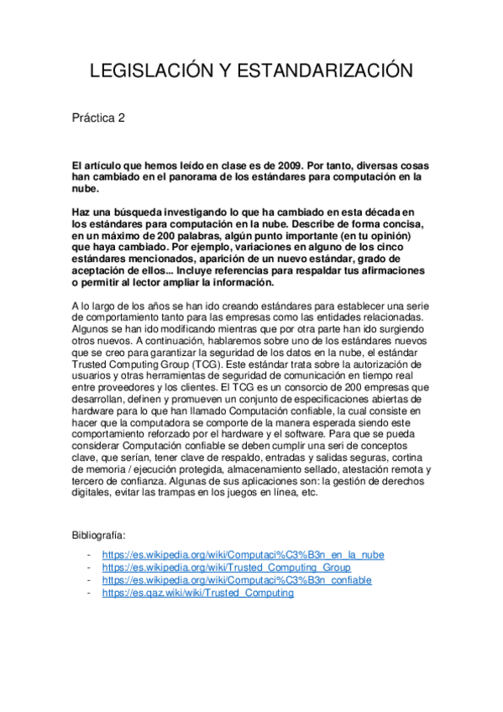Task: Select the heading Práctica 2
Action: (98, 118)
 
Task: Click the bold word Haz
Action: (81, 213)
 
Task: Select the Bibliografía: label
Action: (99, 535)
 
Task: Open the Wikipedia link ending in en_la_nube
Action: (243, 555)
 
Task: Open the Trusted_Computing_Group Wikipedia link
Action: (226, 568)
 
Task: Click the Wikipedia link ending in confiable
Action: (236, 580)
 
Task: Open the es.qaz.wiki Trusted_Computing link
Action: (197, 592)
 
